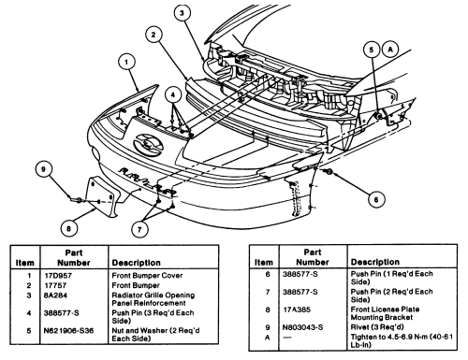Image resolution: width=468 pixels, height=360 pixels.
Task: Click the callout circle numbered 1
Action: point(126,62)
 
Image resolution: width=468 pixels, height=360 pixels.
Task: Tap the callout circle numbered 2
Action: point(154,35)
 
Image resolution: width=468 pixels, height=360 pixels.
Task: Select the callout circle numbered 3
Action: point(182,13)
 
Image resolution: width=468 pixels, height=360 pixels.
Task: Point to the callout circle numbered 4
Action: point(173,95)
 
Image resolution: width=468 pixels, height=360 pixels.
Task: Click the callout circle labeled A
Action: point(390,50)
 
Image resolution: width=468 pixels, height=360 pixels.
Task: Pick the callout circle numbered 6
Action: point(376,199)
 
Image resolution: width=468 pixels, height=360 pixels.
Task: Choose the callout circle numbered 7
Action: point(139,230)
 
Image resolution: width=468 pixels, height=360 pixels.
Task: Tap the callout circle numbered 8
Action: point(69,229)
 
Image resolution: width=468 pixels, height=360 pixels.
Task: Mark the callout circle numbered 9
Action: point(44,169)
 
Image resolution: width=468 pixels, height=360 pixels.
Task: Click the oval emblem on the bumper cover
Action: point(148,143)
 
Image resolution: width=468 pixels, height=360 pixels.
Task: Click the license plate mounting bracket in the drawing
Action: point(102,196)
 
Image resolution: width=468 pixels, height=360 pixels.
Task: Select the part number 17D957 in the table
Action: point(58,276)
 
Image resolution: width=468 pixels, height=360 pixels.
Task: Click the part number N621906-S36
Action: point(68,331)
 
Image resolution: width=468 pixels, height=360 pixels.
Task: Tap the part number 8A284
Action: point(55,295)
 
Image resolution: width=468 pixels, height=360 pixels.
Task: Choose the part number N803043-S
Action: point(303,327)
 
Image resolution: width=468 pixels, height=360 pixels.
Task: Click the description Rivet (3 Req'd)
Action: point(377,327)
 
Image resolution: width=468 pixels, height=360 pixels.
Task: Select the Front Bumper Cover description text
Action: point(147,276)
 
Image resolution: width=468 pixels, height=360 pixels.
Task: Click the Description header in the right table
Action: point(375,262)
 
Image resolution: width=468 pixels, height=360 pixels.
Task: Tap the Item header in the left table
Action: point(25,263)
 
